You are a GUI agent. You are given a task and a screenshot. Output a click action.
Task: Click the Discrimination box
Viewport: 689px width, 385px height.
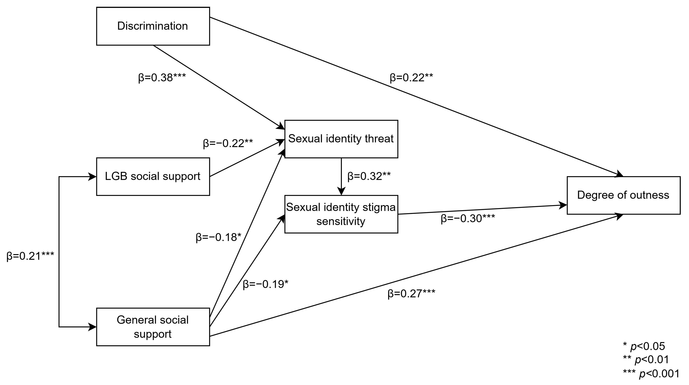coord(153,26)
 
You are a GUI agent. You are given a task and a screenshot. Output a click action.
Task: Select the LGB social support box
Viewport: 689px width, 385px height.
coord(153,176)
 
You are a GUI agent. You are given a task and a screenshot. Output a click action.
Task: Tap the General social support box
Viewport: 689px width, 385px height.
coord(153,327)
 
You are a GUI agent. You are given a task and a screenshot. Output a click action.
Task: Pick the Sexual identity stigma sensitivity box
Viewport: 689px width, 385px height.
coord(341,214)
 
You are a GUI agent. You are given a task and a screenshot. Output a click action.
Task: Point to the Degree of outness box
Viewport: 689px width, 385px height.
coord(623,195)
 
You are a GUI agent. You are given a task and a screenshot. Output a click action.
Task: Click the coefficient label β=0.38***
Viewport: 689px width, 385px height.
coord(162,78)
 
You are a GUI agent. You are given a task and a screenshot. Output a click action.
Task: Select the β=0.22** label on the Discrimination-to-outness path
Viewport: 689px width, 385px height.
coord(411,78)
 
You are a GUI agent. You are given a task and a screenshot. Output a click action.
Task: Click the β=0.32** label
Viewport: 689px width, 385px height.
coord(369,176)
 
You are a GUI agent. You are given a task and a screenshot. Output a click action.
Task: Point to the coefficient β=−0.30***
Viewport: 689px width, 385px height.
coord(467,219)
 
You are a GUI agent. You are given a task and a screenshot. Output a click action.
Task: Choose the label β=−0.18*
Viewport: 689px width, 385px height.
coord(218,237)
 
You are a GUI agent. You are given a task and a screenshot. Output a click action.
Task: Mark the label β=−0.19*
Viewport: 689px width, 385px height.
coord(265,284)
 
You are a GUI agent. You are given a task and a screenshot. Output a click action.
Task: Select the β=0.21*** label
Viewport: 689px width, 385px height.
coord(30,256)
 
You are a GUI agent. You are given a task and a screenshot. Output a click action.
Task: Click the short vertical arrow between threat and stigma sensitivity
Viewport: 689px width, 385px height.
coord(341,176)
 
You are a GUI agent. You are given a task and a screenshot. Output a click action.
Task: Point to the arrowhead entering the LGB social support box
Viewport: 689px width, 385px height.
coord(92,176)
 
